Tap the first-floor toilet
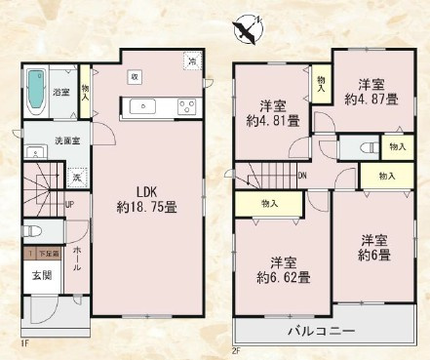(x=31, y=232)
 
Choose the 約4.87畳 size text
(x=371, y=99)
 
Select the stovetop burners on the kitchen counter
(x=185, y=104)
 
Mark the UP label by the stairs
(x=71, y=206)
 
